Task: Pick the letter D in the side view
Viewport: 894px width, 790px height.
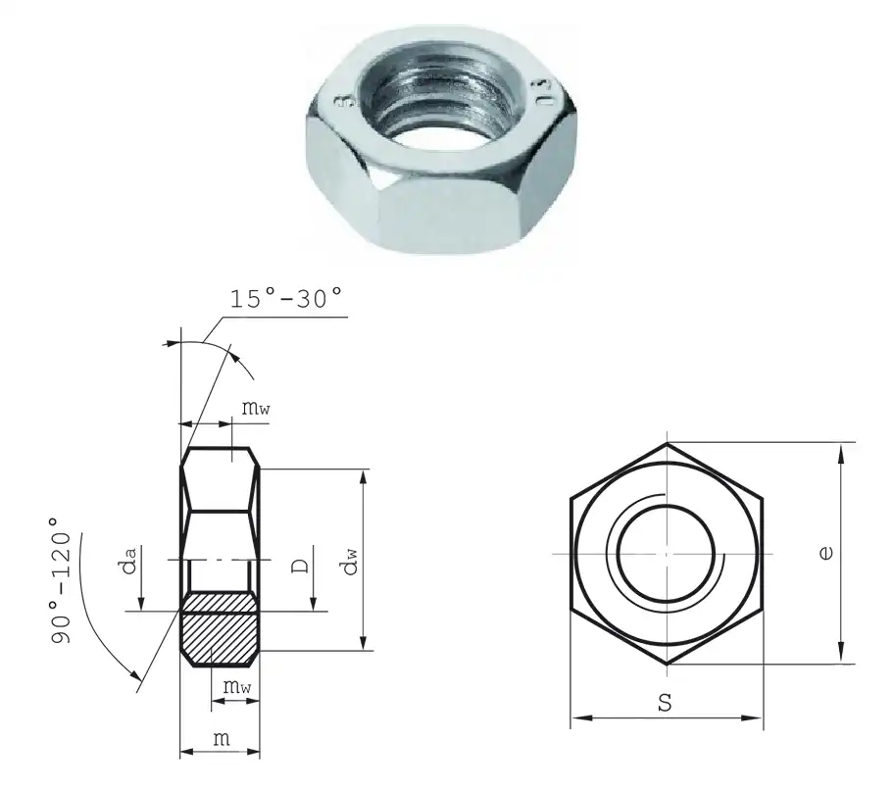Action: [x=303, y=566]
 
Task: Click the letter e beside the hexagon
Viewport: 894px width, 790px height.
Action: [x=826, y=553]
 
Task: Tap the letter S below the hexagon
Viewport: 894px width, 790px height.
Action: [x=667, y=703]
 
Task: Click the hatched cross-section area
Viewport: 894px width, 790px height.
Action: [x=221, y=630]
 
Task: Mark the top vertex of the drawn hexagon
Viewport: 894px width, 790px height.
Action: [x=667, y=443]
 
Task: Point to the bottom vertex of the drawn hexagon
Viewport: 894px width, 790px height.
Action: [x=667, y=665]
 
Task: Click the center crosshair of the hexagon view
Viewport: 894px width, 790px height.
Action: [x=667, y=554]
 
